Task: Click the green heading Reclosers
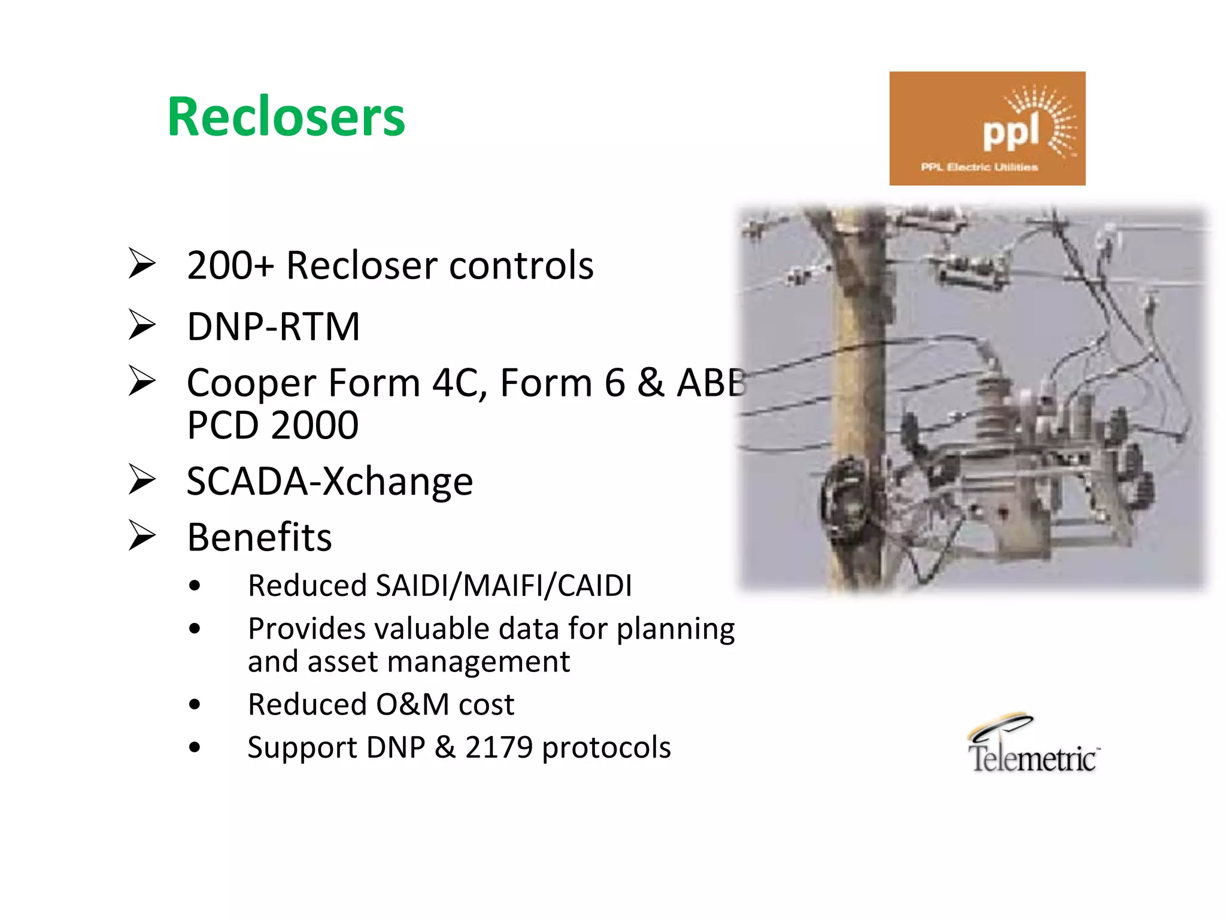(286, 117)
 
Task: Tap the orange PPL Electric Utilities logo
(987, 128)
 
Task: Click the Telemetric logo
(1033, 745)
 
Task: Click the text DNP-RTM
(274, 327)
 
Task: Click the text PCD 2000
(272, 425)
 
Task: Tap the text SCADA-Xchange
(330, 481)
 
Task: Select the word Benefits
(259, 537)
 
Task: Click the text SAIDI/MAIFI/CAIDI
(503, 585)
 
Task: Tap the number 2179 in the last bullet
(499, 747)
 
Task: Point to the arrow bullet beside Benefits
(142, 535)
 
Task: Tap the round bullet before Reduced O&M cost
(194, 704)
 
